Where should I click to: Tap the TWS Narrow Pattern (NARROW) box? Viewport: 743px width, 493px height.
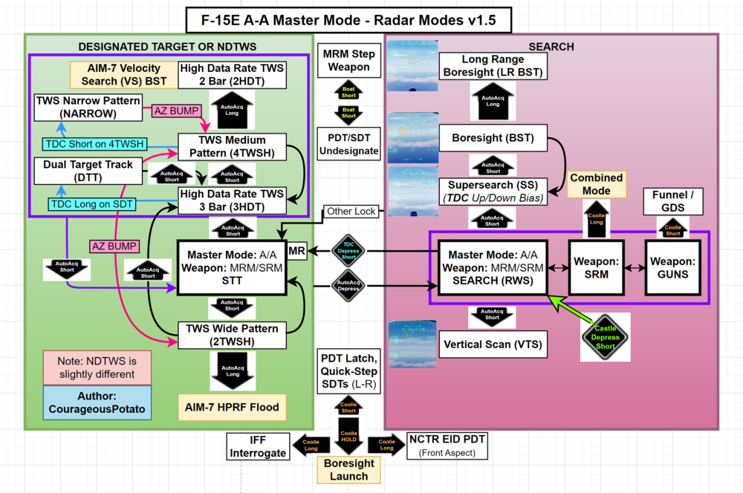[88, 108]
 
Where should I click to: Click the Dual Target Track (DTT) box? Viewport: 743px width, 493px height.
[88, 172]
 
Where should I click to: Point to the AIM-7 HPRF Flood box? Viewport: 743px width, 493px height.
[231, 407]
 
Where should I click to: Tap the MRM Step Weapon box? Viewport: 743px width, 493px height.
[348, 61]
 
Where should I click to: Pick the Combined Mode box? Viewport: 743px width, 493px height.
[596, 184]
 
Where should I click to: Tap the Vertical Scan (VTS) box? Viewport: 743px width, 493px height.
[493, 345]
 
